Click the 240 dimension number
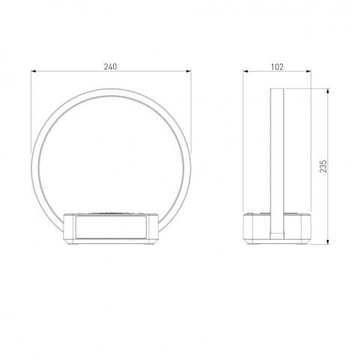110,67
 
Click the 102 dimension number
277,67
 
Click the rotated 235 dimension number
323,166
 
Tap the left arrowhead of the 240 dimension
34,71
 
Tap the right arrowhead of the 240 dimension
189,71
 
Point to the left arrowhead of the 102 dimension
245,71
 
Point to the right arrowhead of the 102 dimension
308,71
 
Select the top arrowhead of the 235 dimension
328,91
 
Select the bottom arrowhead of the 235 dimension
328,242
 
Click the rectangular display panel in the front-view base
111,227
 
